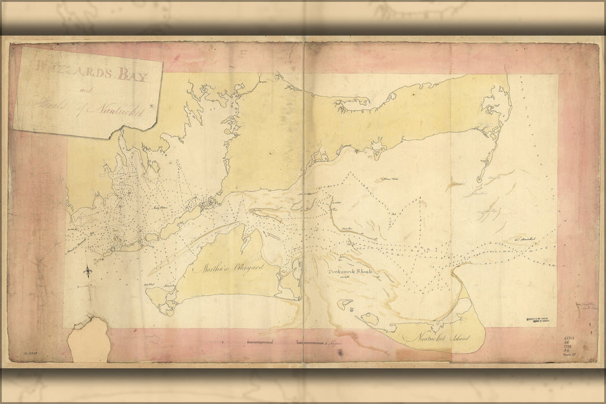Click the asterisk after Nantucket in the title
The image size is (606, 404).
151,105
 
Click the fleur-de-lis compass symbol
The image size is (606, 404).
88,271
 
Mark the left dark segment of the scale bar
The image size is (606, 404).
260,343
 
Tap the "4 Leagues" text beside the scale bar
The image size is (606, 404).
334,343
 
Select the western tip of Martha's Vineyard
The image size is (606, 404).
148,292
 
